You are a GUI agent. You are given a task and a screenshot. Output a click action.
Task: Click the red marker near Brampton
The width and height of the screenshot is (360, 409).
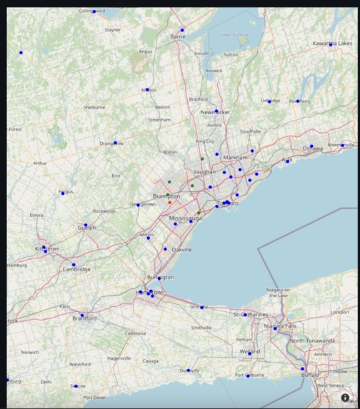pos(170,202)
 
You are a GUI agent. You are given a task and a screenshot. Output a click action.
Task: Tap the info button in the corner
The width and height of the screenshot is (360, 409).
pos(345,398)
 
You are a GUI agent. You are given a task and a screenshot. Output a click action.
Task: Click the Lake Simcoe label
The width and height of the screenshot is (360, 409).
pos(234,34)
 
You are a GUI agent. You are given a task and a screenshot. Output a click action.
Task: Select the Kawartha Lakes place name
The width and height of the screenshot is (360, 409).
pos(332,44)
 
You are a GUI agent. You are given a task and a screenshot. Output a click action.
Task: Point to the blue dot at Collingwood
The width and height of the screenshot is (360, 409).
pos(94,11)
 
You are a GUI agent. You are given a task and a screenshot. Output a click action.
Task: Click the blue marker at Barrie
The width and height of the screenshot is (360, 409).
pos(182,30)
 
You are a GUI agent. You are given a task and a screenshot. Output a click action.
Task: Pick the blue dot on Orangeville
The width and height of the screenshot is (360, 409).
pos(115,143)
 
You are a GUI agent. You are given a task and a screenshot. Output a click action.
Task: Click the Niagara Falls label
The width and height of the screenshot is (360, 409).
pos(280,325)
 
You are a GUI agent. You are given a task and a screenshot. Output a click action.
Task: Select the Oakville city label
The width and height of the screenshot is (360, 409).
pos(181,250)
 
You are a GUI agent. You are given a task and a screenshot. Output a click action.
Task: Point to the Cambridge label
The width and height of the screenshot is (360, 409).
pos(76,269)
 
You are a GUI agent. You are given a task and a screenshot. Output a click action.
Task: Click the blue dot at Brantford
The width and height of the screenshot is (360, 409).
pos(82,315)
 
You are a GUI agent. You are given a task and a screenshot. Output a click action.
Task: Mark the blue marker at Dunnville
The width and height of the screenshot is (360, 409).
pos(189,370)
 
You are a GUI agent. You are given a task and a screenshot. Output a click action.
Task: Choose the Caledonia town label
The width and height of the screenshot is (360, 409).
pos(135,333)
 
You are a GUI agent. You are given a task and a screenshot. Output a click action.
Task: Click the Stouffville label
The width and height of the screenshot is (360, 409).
pos(250,131)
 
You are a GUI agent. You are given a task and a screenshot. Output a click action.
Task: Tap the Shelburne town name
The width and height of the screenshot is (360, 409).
pos(94,107)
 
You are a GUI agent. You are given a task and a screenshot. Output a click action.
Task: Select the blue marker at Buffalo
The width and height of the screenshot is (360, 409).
pos(302,369)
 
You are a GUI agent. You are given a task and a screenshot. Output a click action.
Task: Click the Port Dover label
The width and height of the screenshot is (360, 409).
pos(94,398)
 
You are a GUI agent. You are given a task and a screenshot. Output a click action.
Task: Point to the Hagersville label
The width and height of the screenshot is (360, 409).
pos(119,358)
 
